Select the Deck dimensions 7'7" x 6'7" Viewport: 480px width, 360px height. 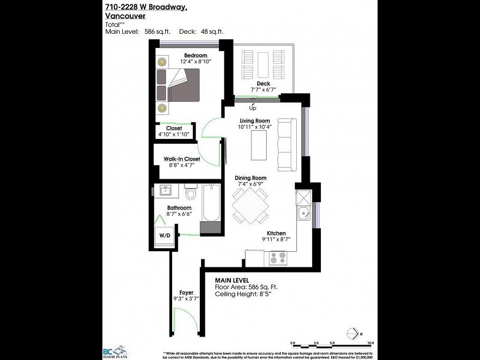coord(263,90)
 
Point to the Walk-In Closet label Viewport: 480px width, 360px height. coord(182,158)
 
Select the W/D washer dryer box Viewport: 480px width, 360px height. coord(165,235)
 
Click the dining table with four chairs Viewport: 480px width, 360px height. coord(250,205)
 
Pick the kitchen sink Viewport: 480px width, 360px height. coord(302,214)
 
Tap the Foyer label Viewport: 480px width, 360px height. coord(186,292)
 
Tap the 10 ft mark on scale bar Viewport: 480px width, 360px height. coord(370,343)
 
